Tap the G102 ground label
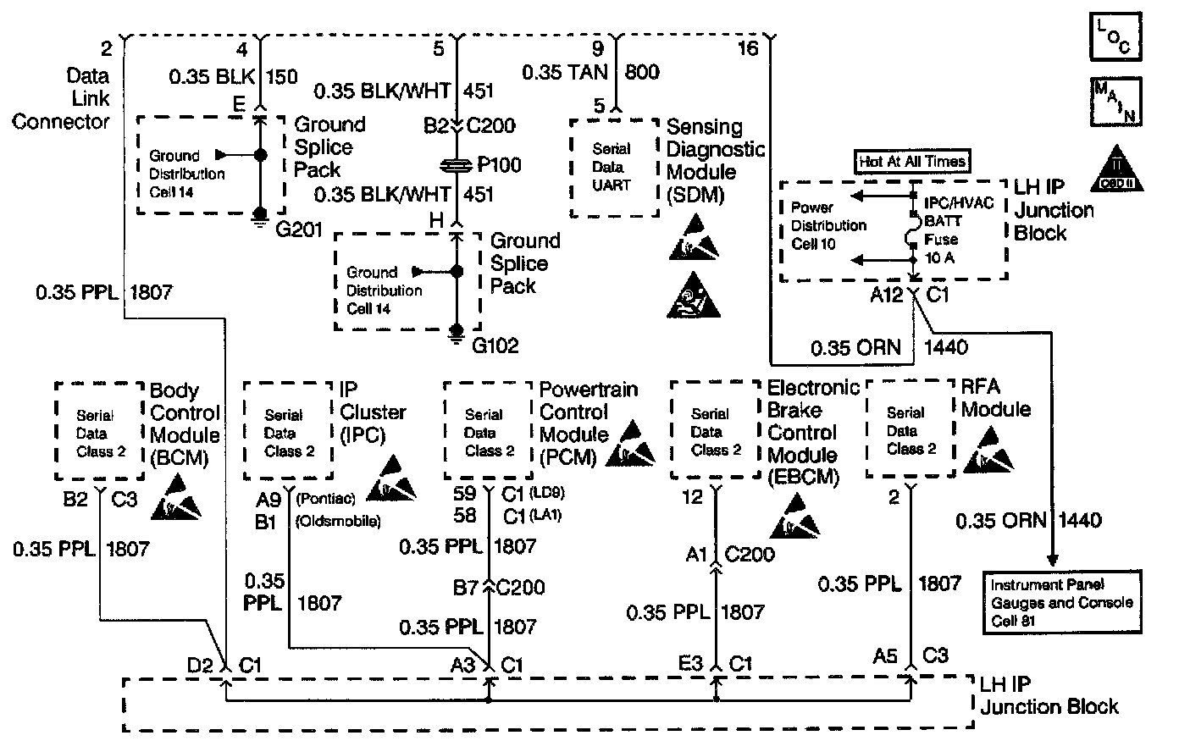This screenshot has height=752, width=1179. click(x=495, y=346)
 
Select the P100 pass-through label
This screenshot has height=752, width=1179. click(x=499, y=164)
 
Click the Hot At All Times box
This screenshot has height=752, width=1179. click(x=913, y=161)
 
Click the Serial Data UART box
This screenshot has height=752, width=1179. click(x=613, y=167)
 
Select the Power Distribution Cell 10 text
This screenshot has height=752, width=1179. click(x=828, y=226)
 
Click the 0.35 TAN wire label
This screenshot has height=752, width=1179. click(x=565, y=72)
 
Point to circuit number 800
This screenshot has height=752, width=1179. click(x=643, y=72)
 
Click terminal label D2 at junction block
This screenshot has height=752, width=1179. click(x=201, y=666)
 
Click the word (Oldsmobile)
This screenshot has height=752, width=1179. click(x=336, y=520)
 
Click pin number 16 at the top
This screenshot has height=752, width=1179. click(x=748, y=48)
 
